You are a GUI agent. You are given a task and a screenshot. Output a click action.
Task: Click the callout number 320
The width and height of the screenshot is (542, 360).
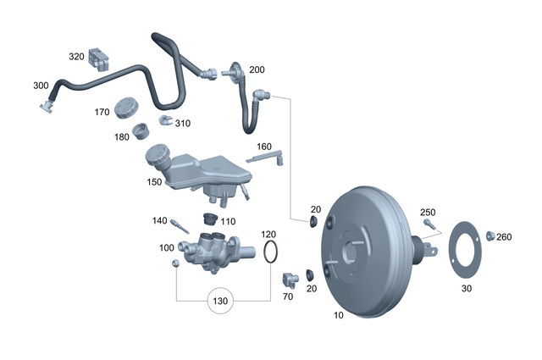pyautogui.click(x=76, y=57)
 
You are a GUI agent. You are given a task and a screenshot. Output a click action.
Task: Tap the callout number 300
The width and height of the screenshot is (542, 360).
pyautogui.click(x=41, y=86)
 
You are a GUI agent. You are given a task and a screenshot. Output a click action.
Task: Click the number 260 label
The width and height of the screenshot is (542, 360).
pyautogui.click(x=505, y=237)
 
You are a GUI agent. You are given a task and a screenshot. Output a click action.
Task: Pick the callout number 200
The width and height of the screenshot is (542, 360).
pyautogui.click(x=257, y=69)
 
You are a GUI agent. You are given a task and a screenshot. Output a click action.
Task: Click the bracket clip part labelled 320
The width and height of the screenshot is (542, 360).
pyautogui.click(x=102, y=59)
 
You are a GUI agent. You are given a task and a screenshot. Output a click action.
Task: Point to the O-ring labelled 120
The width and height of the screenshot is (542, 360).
pyautogui.click(x=269, y=252)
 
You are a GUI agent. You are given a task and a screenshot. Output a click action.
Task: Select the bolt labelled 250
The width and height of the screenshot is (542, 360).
pyautogui.click(x=428, y=225)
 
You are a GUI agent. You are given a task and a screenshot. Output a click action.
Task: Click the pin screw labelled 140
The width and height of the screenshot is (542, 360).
pyautogui.click(x=179, y=226)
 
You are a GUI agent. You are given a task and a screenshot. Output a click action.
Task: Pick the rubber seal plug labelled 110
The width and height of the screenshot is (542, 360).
pyautogui.click(x=213, y=221)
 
